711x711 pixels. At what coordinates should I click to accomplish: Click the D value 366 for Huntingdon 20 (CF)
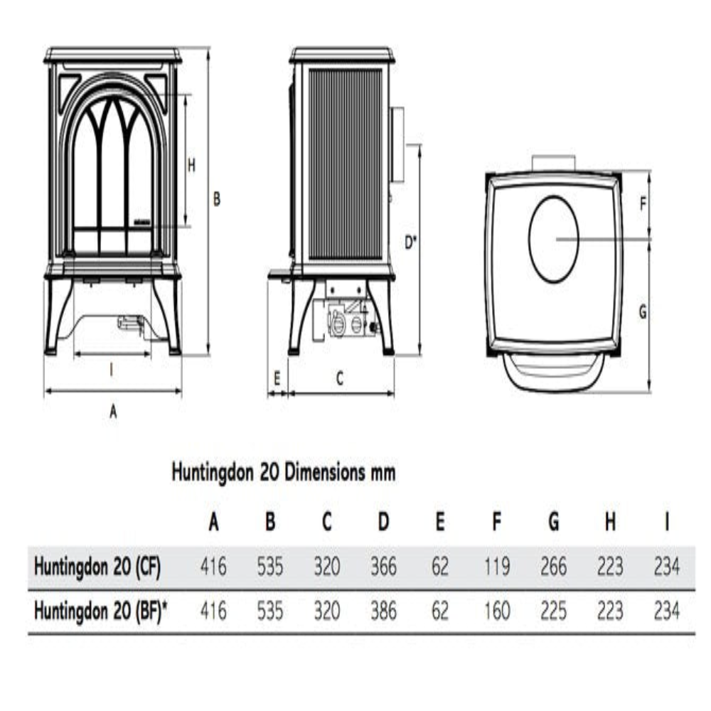[383, 567]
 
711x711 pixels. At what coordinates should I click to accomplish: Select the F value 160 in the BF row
[497, 611]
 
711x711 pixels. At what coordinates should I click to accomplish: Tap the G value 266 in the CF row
[553, 567]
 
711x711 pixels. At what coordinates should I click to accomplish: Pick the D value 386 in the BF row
[383, 611]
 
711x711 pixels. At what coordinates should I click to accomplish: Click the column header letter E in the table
[440, 523]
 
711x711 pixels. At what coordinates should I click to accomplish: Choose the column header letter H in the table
[610, 523]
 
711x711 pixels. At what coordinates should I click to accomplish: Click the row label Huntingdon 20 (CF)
[97, 567]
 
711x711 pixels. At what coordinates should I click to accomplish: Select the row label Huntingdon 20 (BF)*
[102, 611]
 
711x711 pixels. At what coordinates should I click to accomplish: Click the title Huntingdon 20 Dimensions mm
[283, 473]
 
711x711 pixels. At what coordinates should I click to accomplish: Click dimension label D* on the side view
[411, 242]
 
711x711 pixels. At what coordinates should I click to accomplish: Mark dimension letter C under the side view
[340, 378]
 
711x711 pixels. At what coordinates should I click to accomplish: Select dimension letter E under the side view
[277, 378]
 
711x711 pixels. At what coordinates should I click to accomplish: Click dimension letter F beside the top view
[642, 205]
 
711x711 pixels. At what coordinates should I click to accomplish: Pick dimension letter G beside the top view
[642, 312]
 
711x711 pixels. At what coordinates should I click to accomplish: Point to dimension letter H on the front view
[191, 165]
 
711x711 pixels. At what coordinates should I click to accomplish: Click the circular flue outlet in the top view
[554, 240]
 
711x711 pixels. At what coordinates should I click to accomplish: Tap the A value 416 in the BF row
[213, 611]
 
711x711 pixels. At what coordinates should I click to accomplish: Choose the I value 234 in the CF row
[666, 567]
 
